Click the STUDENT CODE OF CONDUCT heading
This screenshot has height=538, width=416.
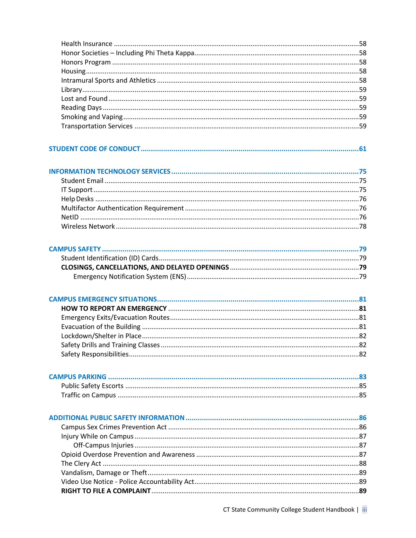pos(94,149)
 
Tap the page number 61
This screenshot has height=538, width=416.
pos(362,149)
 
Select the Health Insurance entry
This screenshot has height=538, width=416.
pos(87,44)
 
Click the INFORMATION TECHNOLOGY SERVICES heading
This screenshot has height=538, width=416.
pos(110,171)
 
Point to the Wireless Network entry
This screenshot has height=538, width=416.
pos(88,226)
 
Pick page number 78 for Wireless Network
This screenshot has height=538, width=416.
pos(362,226)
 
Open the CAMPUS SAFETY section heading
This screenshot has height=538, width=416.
pos(75,249)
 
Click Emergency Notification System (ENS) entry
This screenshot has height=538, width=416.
pos(130,277)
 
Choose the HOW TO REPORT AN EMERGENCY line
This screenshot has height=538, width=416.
pos(114,309)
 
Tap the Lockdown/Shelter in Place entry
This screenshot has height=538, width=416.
pos(101,336)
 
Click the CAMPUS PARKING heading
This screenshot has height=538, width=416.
pos(78,377)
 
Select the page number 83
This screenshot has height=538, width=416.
pos(362,377)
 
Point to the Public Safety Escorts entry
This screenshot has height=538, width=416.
pos(92,386)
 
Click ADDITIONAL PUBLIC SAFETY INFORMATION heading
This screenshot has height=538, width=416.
pos(117,418)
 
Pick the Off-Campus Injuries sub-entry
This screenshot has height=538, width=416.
pos(103,445)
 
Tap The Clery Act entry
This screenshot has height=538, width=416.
pos(81,463)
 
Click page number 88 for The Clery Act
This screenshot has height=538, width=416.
pos(362,463)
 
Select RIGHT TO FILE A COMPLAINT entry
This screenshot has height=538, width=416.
pos(106,491)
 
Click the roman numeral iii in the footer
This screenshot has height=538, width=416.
pos(364,509)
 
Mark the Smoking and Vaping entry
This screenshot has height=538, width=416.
pos(92,117)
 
